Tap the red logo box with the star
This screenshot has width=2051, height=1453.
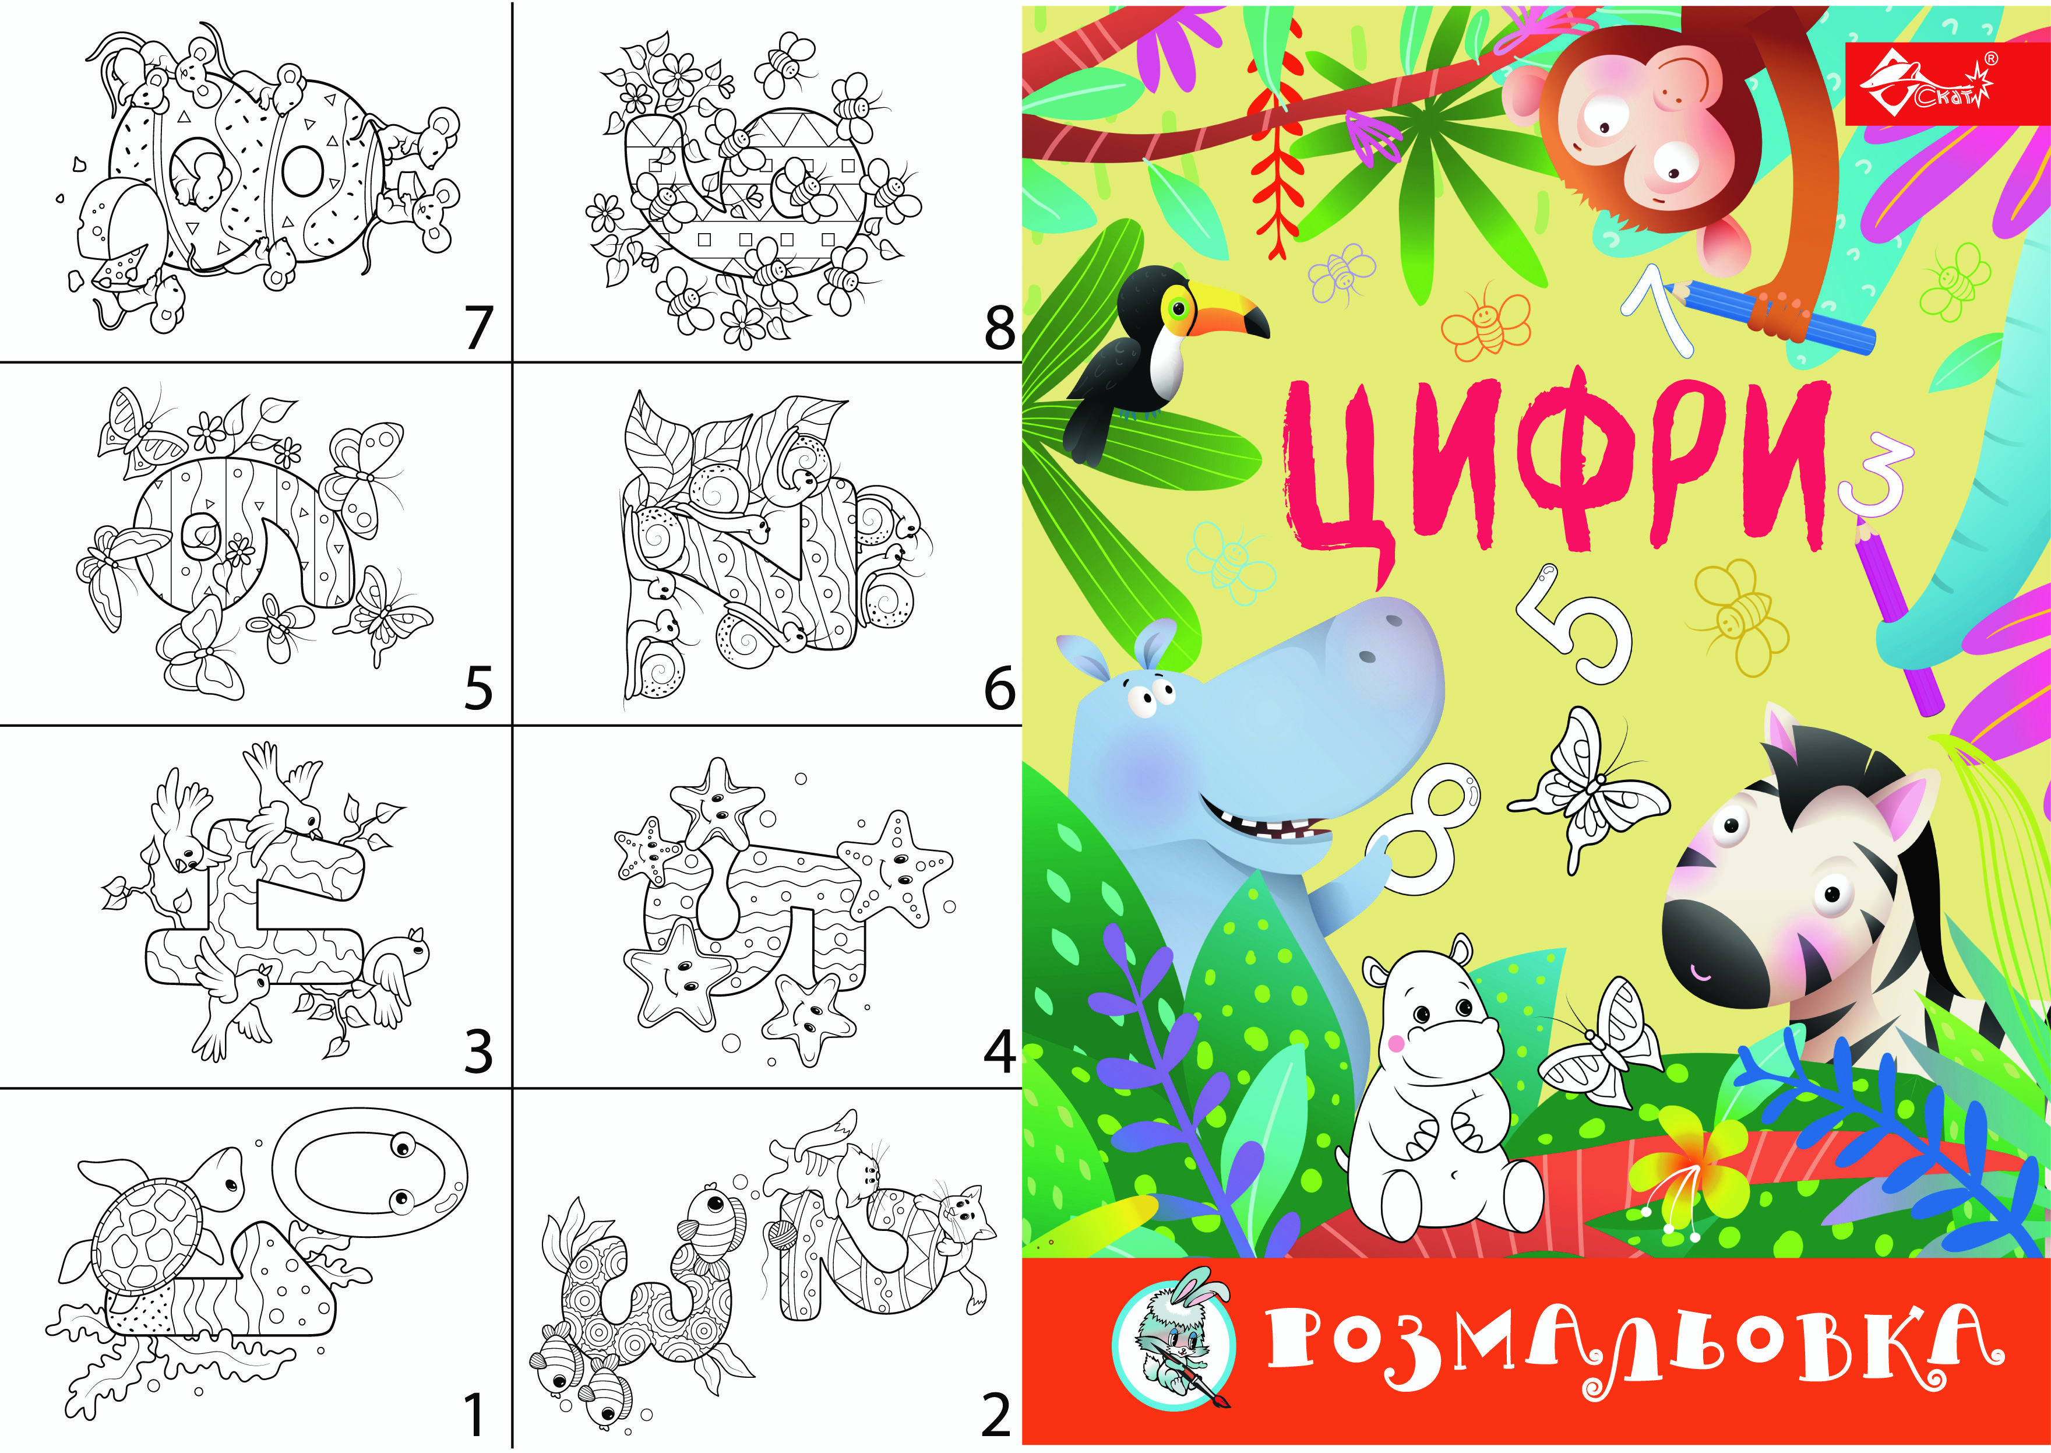1946,83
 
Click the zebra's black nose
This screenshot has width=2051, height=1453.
1717,953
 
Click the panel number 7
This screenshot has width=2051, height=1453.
478,328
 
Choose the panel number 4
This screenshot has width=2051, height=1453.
999,1052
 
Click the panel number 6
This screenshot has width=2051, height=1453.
999,689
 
